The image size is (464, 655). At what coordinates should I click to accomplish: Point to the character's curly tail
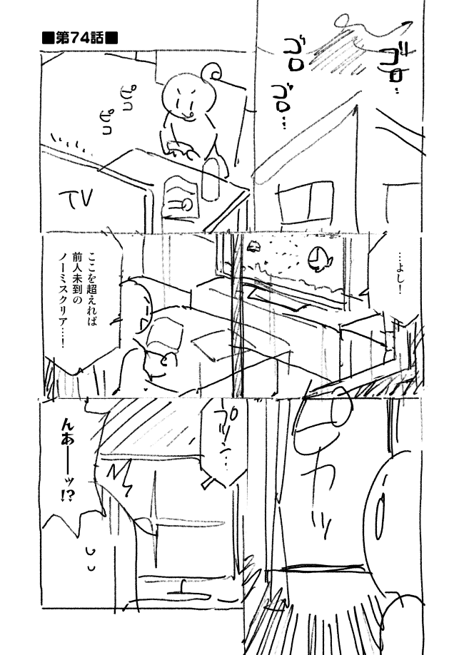click(x=211, y=73)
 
